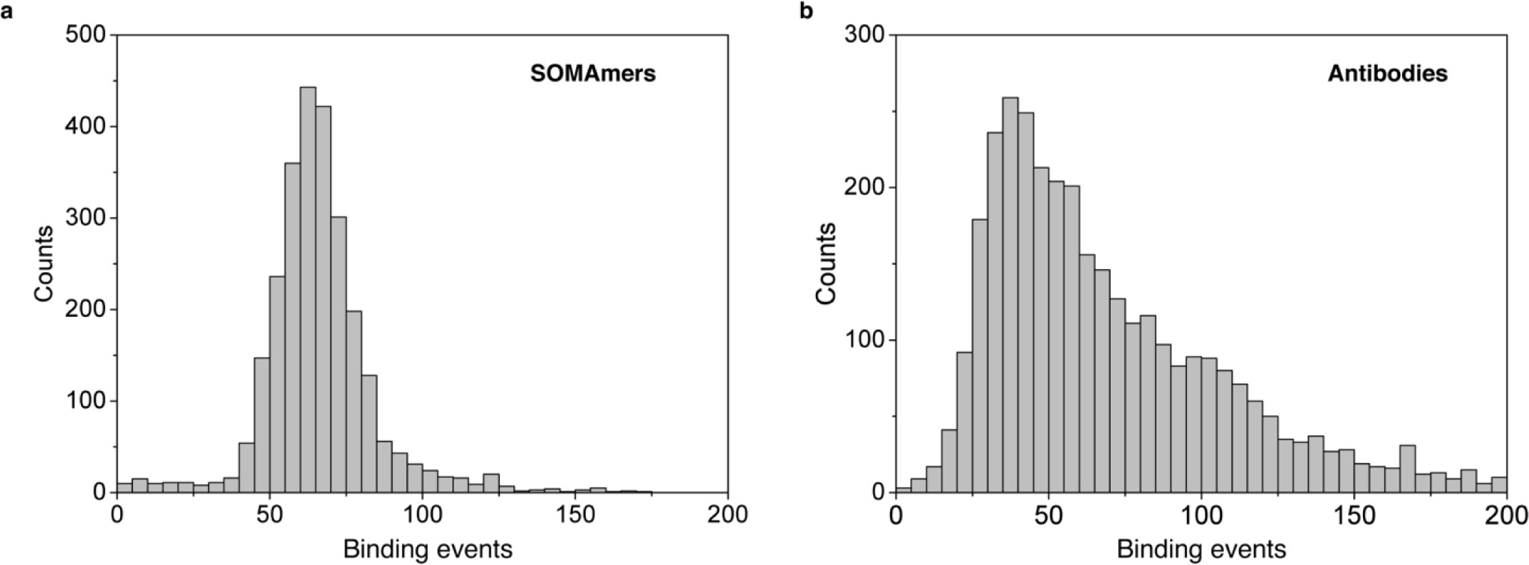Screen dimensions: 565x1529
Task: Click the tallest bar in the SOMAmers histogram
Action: coord(308,290)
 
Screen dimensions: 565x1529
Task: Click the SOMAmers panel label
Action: coord(592,73)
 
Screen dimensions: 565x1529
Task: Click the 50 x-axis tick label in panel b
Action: coord(1048,515)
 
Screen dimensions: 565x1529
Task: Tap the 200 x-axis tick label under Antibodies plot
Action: coord(1506,515)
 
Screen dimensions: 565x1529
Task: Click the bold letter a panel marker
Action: coord(8,11)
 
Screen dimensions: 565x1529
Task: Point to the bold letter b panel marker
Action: coord(806,11)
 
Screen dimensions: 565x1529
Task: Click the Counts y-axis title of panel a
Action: coord(45,264)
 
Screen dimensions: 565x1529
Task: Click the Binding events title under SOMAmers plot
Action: coord(428,549)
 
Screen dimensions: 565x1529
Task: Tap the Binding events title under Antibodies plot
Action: coord(1202,549)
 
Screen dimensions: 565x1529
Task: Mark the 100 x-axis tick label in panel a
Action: coord(422,515)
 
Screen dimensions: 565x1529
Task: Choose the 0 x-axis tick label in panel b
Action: coord(895,515)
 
